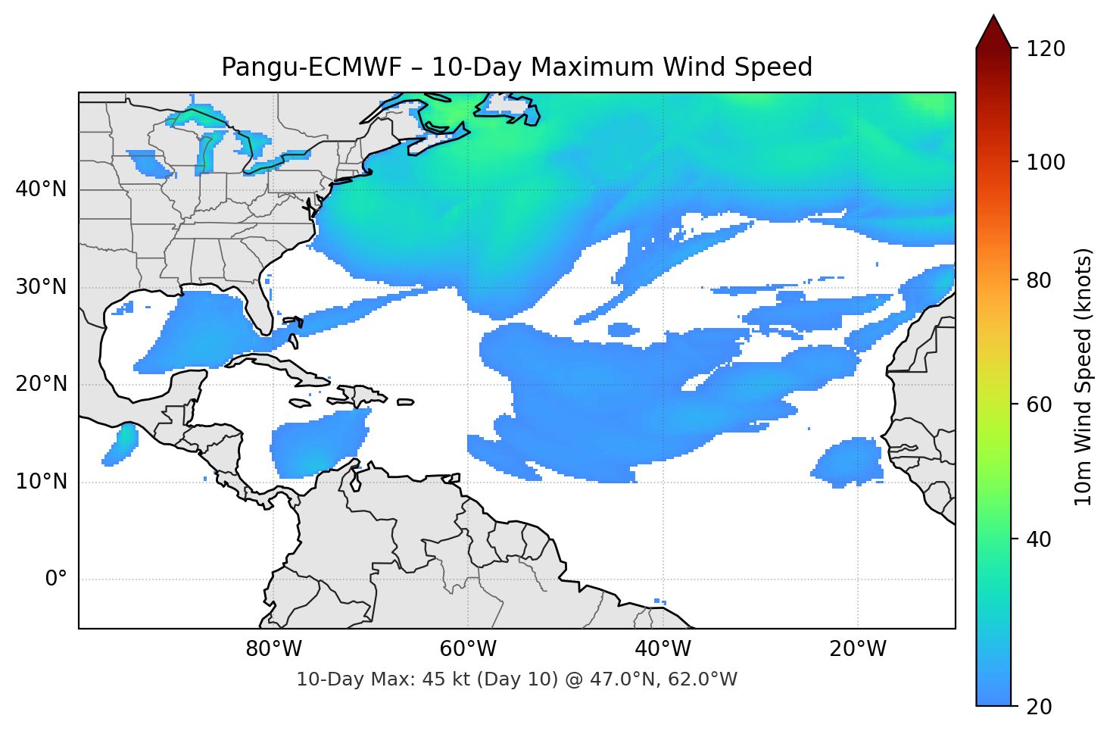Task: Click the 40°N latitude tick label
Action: click(x=41, y=189)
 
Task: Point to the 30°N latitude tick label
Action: click(x=41, y=287)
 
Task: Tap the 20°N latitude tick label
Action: click(x=41, y=384)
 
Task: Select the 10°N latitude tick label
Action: click(x=41, y=482)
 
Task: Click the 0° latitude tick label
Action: click(x=56, y=579)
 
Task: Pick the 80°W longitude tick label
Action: click(x=273, y=649)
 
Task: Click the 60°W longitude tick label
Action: click(x=468, y=649)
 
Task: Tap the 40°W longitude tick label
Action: click(x=663, y=649)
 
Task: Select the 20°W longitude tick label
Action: click(x=858, y=649)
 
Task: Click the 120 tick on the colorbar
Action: click(x=1045, y=49)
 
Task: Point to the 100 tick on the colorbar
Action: click(x=1045, y=162)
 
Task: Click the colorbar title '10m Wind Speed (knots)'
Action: click(x=1083, y=376)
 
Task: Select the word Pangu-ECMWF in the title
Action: click(x=311, y=67)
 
